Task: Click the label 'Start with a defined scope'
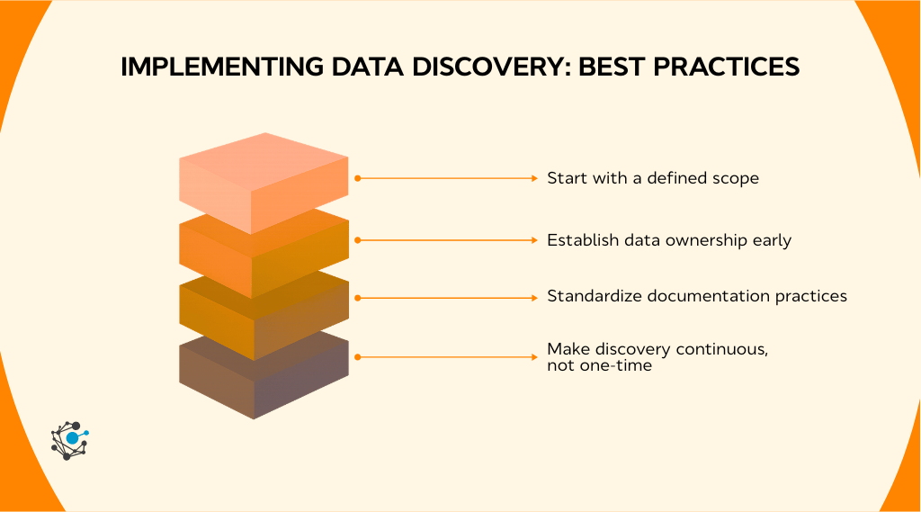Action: (653, 178)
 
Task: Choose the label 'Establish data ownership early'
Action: (668, 240)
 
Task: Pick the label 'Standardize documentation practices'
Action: (697, 296)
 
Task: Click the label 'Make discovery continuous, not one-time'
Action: (657, 357)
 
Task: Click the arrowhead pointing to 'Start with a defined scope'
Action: (533, 179)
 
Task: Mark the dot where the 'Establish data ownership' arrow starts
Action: (358, 240)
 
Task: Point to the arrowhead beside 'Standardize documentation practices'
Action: (533, 296)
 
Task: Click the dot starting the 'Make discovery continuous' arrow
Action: (358, 357)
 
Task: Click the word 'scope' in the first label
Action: (737, 178)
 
